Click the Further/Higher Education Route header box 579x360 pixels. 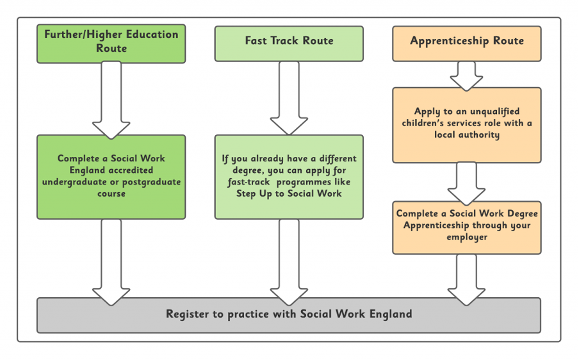point(111,44)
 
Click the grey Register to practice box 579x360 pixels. point(289,315)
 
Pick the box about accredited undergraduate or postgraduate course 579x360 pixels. point(111,176)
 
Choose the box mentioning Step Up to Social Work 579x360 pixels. point(289,176)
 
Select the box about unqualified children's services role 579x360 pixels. point(467,124)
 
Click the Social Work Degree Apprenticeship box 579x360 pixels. point(467,226)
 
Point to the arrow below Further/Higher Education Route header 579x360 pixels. point(111,99)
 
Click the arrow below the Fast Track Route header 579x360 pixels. point(289,99)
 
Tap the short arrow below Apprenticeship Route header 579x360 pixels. point(467,76)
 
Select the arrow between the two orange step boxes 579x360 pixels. point(467,182)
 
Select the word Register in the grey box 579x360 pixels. point(188,315)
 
